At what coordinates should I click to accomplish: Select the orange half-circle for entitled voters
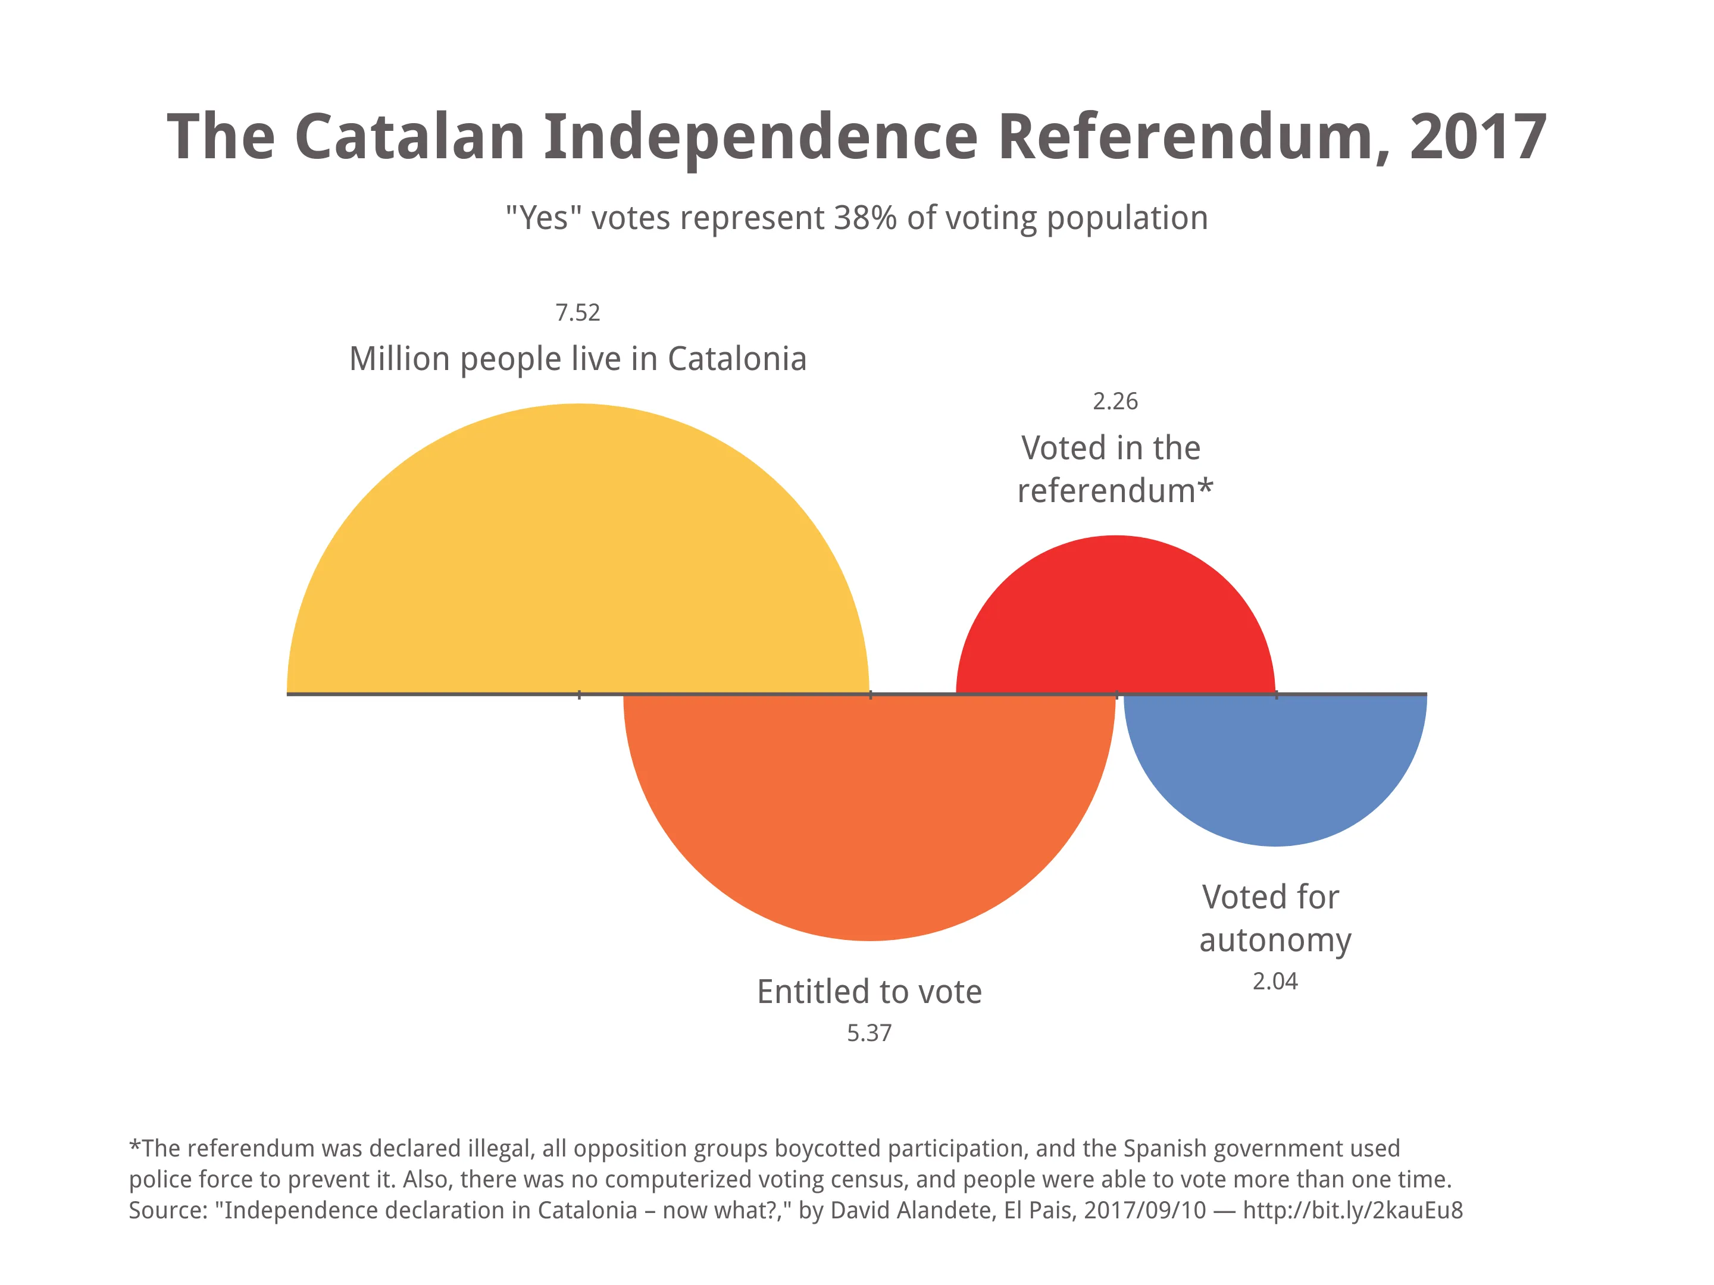point(869,813)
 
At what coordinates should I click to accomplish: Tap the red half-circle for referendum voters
point(1115,620)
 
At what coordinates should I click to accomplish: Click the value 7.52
point(577,313)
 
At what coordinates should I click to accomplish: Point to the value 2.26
point(1115,401)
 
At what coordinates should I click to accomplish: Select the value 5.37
point(869,1033)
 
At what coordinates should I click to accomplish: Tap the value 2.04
point(1275,982)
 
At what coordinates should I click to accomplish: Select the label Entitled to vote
point(869,992)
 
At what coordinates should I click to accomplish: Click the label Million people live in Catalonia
point(577,359)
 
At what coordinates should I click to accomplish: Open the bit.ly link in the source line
point(1352,1210)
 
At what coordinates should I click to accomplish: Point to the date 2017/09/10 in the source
point(1144,1210)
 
